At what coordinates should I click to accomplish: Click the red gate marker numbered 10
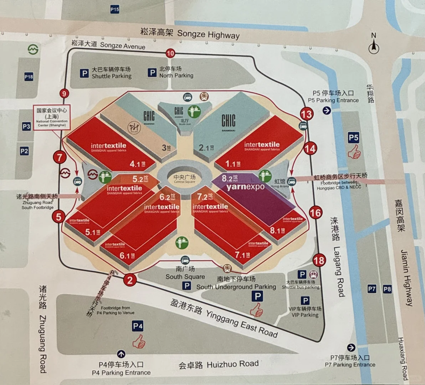coord(170,53)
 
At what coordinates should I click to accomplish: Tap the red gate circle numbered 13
coord(307,114)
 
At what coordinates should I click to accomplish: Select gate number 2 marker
coord(130,280)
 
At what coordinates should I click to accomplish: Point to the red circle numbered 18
coord(319,261)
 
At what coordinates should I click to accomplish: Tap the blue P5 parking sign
coord(353,138)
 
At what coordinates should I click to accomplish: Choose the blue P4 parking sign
coord(138,326)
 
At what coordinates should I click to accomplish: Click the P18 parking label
coord(29,77)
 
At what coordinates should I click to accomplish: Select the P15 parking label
coord(114,10)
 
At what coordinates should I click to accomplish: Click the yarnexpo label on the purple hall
coord(245,186)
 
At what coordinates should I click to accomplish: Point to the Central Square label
coord(184,179)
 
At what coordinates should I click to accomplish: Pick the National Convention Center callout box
coord(52,118)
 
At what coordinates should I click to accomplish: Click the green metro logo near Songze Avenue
coord(33,49)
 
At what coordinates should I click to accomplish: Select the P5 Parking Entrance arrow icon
coord(327,111)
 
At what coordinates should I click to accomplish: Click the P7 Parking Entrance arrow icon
coord(351,348)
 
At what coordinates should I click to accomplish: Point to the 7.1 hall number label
coord(242,255)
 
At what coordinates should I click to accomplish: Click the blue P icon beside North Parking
coord(152,73)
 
